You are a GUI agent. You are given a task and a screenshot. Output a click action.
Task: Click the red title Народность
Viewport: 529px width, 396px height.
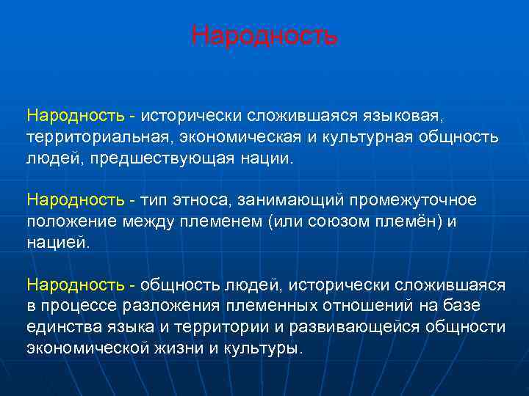[264, 35]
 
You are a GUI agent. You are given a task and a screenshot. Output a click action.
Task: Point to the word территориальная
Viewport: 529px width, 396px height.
[98, 138]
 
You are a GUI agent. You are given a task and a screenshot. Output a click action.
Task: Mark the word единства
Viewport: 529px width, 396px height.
[61, 327]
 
